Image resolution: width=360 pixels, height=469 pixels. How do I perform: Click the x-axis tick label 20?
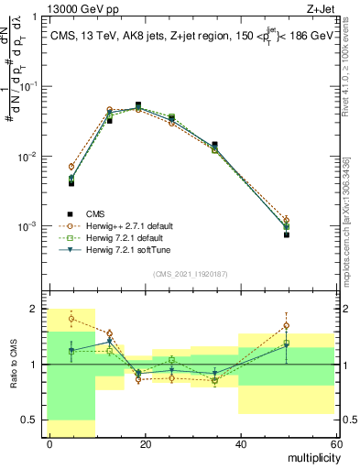point(145,444)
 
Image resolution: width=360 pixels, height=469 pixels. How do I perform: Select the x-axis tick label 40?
point(240,444)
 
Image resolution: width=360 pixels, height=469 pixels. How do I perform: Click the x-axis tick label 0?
point(49,444)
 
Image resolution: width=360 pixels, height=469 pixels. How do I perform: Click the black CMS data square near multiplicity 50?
point(287,234)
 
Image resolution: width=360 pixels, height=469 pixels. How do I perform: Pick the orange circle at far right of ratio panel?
point(287,325)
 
